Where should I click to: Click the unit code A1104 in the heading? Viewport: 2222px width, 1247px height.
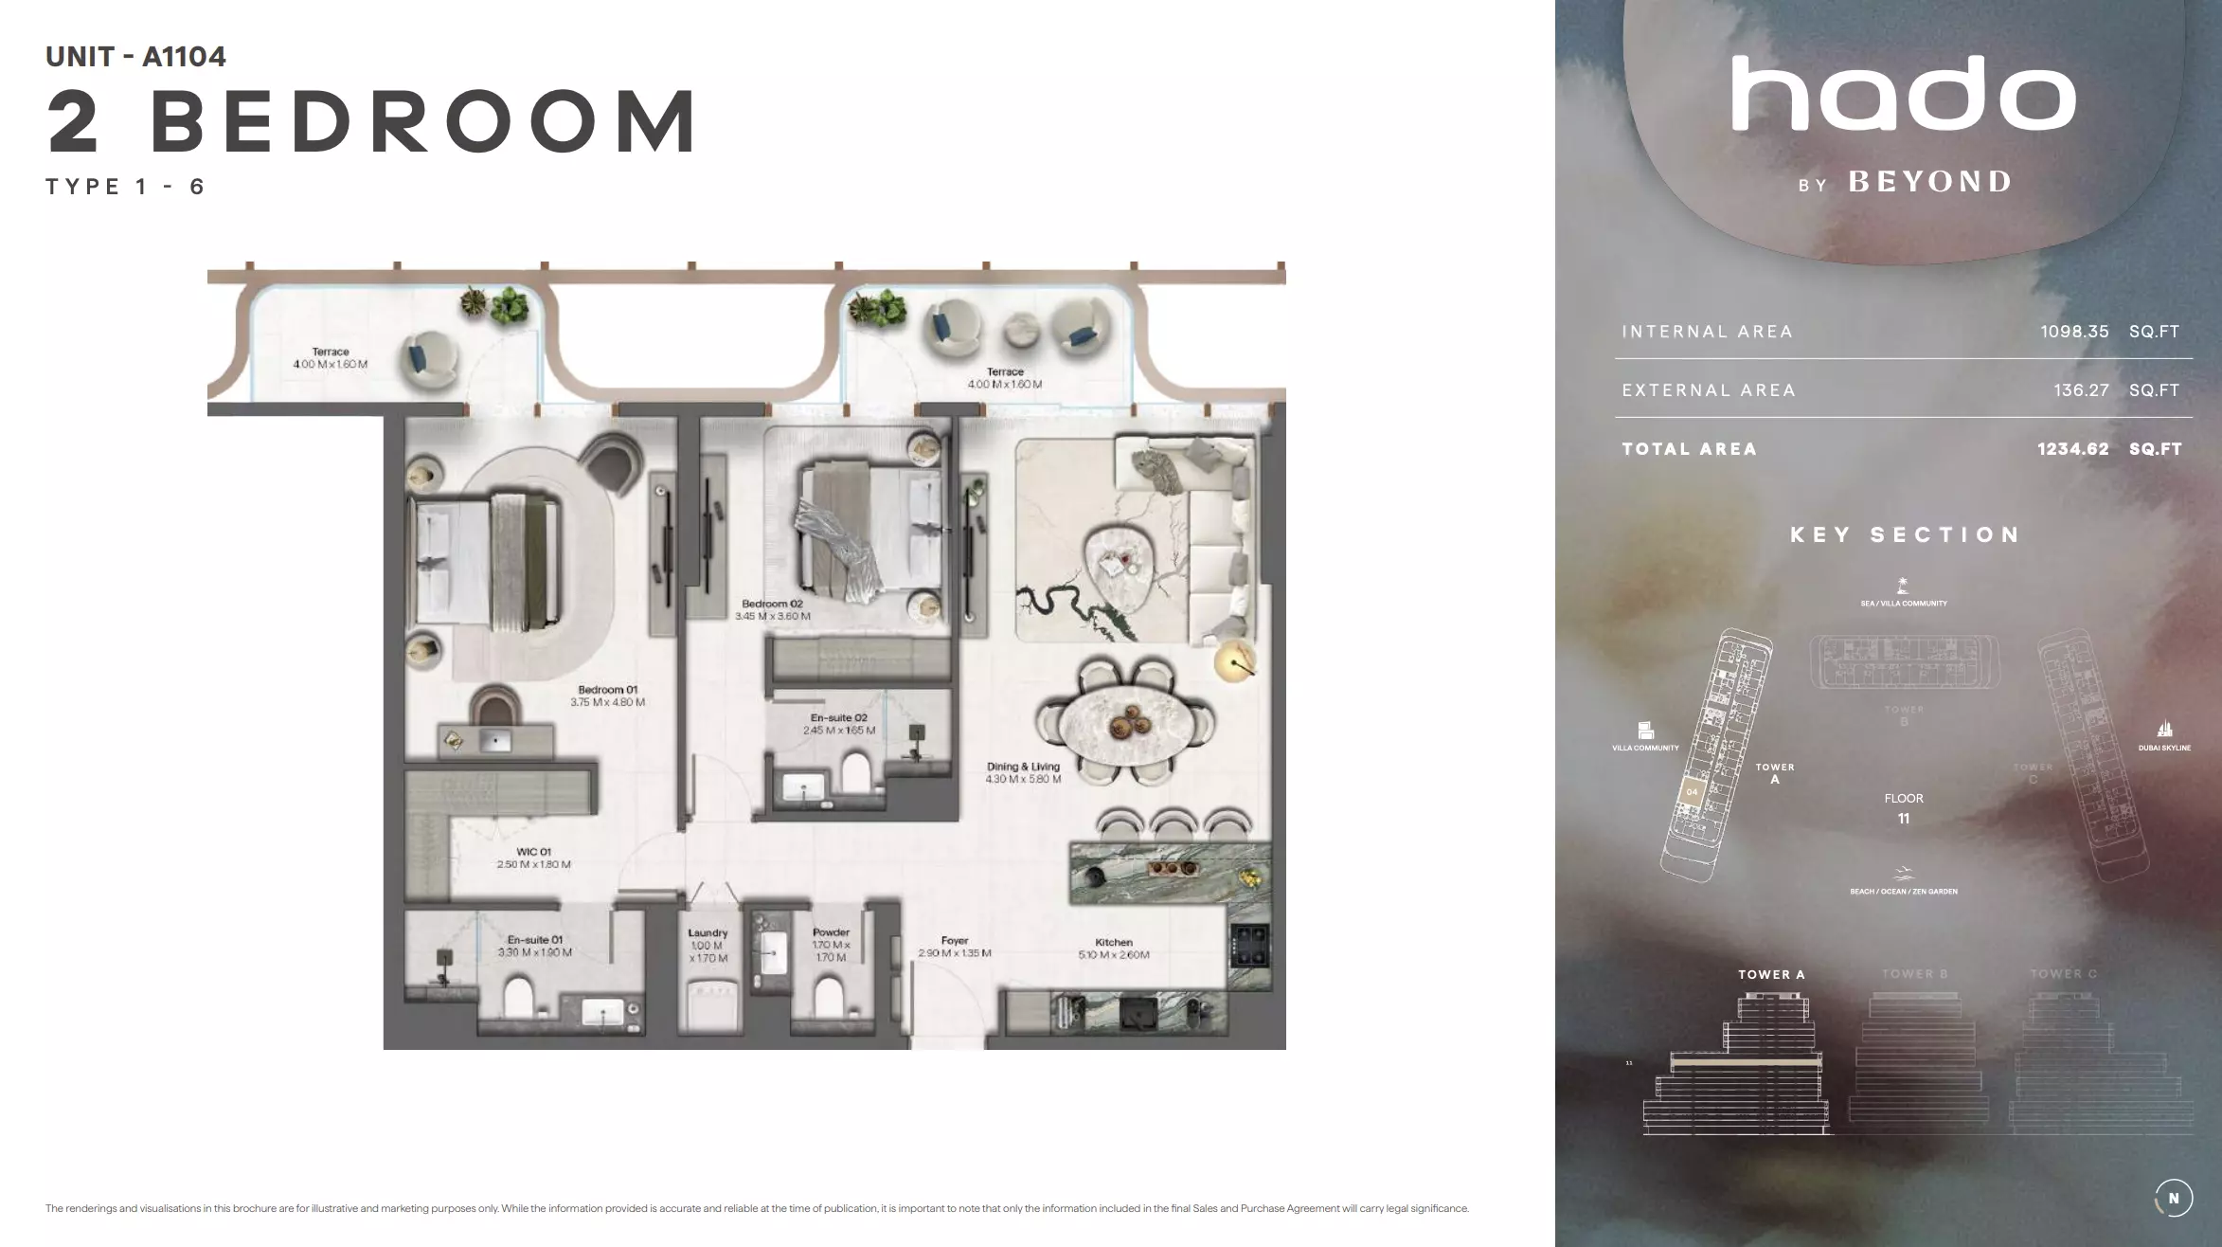click(x=184, y=57)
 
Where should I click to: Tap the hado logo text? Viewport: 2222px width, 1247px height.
click(x=1903, y=94)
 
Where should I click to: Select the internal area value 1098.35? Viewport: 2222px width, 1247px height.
click(x=2074, y=332)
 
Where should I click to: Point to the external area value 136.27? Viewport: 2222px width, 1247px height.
click(x=2081, y=390)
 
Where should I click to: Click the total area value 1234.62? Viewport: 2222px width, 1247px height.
click(x=2072, y=449)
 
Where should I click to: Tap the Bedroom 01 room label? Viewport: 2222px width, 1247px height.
click(x=607, y=690)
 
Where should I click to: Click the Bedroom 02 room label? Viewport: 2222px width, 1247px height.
click(x=772, y=604)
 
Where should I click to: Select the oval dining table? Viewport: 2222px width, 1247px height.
click(x=1124, y=725)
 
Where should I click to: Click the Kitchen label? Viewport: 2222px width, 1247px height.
click(x=1113, y=942)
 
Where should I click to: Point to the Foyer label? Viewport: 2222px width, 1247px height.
click(x=954, y=941)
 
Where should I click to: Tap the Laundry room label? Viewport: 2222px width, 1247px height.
click(x=708, y=933)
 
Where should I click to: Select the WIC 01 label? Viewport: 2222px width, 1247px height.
click(x=533, y=852)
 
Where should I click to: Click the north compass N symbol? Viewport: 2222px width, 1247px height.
click(x=2173, y=1198)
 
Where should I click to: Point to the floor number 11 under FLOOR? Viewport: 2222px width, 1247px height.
click(x=1903, y=819)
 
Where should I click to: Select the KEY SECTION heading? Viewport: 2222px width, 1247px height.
click(x=1905, y=535)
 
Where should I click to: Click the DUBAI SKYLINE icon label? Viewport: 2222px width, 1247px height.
click(x=2164, y=748)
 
